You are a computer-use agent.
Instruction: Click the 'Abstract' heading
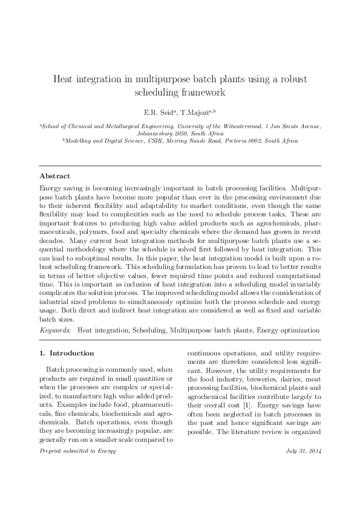click(x=54, y=176)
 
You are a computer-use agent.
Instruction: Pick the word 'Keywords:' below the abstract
click(x=54, y=330)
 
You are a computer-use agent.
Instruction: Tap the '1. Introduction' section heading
click(x=67, y=353)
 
